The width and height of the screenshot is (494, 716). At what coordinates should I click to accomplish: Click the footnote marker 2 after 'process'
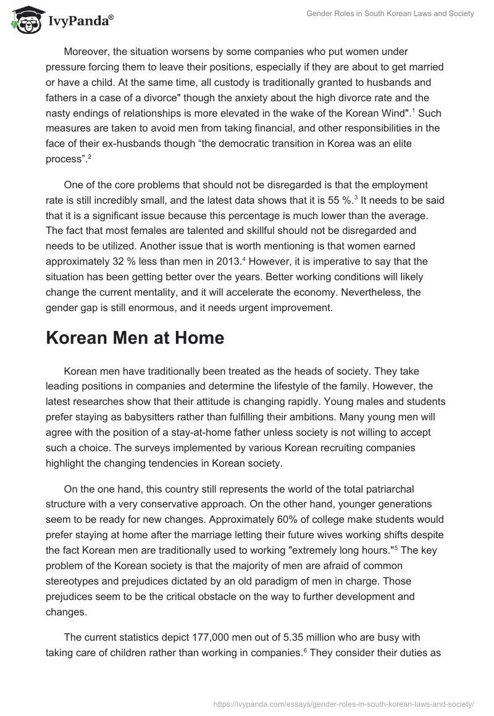click(90, 156)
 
